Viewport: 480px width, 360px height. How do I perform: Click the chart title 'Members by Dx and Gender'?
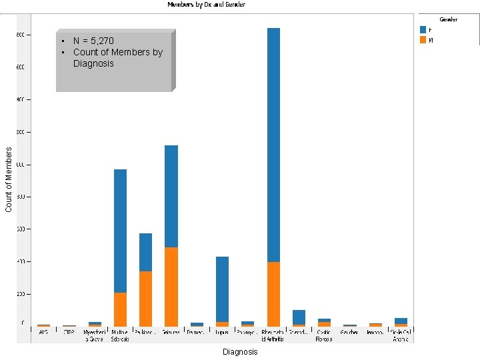[x=206, y=5]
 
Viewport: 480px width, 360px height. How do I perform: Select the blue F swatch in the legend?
[x=423, y=29]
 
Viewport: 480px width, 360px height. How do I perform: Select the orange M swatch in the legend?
[x=423, y=40]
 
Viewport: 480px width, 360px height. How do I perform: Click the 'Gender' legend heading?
[x=448, y=19]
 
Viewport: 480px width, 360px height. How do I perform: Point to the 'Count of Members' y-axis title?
[x=9, y=180]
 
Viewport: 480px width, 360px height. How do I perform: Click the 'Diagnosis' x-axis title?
[x=240, y=351]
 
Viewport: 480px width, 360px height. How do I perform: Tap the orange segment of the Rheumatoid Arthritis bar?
[x=273, y=294]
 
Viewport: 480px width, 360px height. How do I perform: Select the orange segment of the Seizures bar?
[x=171, y=287]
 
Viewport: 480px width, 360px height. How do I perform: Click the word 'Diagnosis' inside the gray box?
[x=93, y=63]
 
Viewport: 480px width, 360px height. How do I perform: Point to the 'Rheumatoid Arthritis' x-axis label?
[x=273, y=335]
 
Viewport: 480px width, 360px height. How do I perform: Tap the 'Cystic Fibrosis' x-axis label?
[x=324, y=335]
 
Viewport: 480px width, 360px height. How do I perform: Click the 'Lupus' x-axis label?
[x=222, y=331]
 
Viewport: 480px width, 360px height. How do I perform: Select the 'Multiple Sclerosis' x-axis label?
[x=120, y=335]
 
